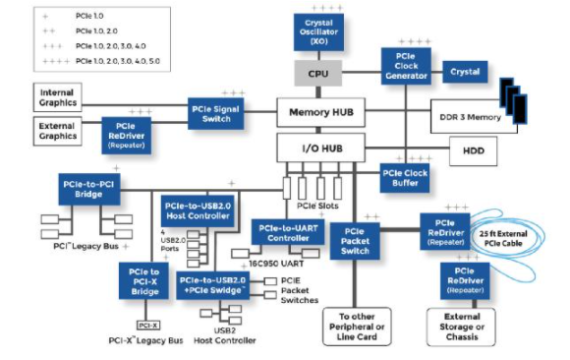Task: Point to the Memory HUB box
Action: (321, 112)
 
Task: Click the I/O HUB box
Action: (321, 149)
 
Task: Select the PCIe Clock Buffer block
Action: (405, 178)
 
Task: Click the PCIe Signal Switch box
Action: (216, 112)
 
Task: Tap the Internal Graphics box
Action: (58, 97)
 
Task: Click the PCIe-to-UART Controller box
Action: (286, 232)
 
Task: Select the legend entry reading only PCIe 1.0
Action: (84, 17)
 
